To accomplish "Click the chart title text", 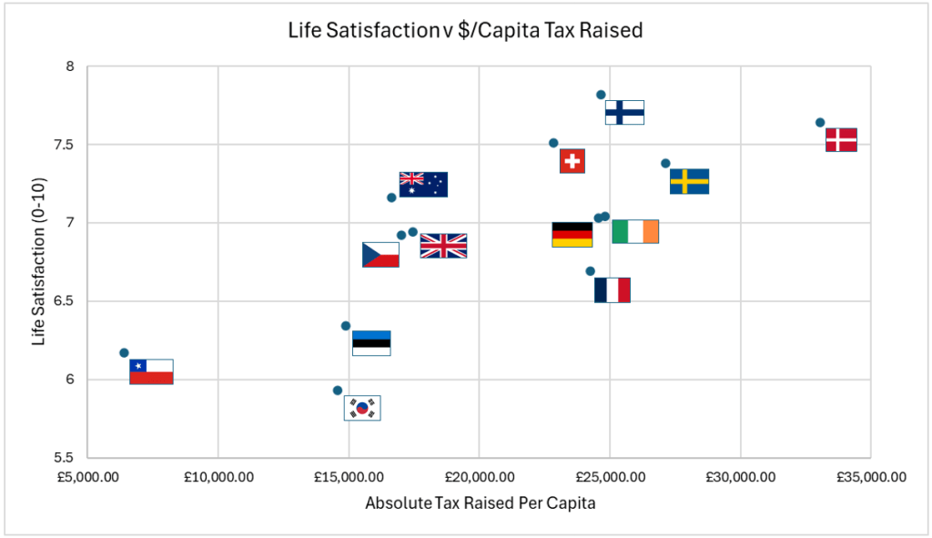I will click(x=465, y=31).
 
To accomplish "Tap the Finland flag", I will click(x=624, y=112).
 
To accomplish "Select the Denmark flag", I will click(x=841, y=139).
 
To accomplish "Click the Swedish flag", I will click(x=689, y=181).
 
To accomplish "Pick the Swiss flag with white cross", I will click(x=572, y=161).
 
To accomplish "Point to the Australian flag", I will click(x=423, y=184).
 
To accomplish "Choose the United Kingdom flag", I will click(x=443, y=246).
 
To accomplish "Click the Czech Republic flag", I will click(x=380, y=255).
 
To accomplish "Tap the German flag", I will click(x=572, y=235).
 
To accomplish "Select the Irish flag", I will click(x=635, y=231).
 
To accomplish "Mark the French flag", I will click(x=612, y=290).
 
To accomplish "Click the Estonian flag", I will click(x=371, y=343).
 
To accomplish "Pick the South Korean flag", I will click(x=362, y=408).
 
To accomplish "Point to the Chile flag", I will click(x=151, y=371).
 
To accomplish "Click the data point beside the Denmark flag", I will click(x=820, y=122).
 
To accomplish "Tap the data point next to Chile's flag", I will click(x=124, y=353).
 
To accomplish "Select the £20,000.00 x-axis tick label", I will click(x=479, y=477).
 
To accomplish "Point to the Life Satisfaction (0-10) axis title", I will click(x=38, y=262).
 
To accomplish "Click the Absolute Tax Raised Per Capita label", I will click(x=480, y=503).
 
